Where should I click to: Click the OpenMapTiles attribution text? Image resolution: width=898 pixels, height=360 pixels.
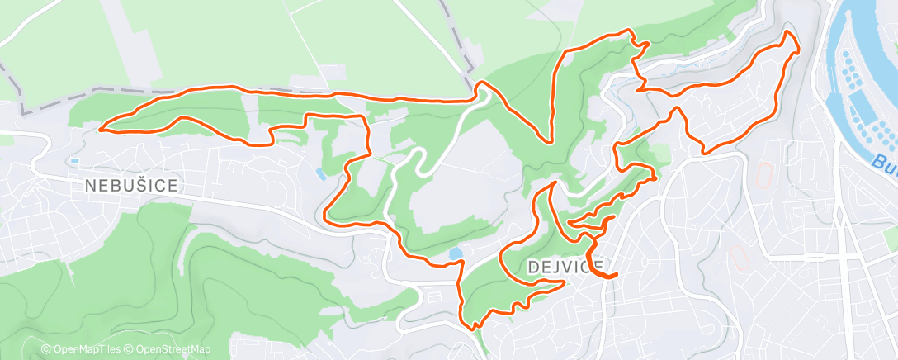[x=80, y=349]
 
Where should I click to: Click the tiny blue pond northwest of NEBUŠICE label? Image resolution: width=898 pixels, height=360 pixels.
[x=75, y=161]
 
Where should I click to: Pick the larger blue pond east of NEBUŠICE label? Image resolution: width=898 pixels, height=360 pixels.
[x=319, y=173]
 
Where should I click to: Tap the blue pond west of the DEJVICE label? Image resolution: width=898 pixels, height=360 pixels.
[x=456, y=253]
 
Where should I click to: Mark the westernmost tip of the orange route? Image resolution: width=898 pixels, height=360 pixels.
[x=99, y=128]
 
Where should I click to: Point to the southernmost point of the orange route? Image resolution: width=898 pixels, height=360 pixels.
[x=473, y=329]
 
